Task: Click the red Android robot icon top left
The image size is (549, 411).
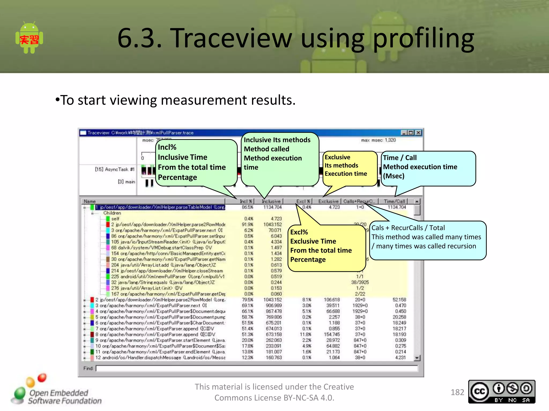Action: pos(29,38)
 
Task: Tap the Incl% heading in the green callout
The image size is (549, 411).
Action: pos(167,147)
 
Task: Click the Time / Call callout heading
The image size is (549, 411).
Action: pos(399,158)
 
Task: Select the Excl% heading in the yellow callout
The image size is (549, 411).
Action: pos(299,232)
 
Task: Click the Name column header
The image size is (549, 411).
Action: pos(90,201)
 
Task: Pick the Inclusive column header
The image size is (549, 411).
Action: pos(271,201)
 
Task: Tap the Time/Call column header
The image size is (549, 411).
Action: pos(394,201)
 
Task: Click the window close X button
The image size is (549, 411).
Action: pos(418,133)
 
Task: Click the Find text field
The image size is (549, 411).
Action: pos(256,368)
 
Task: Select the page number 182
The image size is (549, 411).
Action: pos(457,392)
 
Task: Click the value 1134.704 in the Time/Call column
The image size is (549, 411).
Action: pos(396,207)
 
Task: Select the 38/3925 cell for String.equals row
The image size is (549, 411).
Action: pos(360,282)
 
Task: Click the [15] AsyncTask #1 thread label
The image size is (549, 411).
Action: pos(114,169)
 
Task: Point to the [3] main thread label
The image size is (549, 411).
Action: pos(126,182)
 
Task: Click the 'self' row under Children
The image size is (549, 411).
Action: pos(115,219)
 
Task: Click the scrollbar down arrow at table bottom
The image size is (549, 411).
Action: pos(417,358)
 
